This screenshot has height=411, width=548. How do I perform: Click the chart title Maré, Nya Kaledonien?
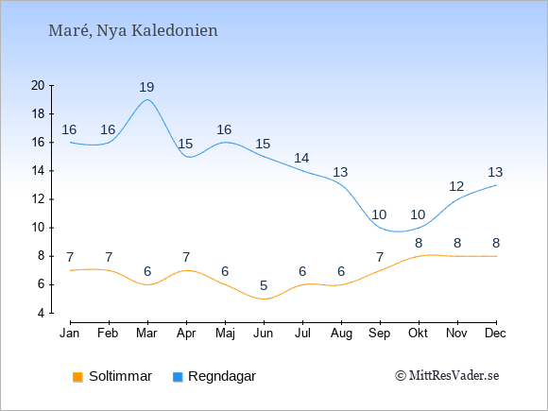(x=133, y=31)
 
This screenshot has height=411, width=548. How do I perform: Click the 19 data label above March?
(x=146, y=87)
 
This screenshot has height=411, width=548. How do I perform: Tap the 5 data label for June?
(x=264, y=285)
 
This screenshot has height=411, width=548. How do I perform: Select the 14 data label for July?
(x=301, y=158)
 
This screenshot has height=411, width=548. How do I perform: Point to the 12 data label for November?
(x=456, y=186)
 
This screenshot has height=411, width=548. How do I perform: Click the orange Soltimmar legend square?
(x=77, y=377)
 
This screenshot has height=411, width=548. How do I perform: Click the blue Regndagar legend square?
(x=178, y=377)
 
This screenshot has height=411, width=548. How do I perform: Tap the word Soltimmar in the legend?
(x=120, y=376)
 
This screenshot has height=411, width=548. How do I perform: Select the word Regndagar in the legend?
(x=222, y=376)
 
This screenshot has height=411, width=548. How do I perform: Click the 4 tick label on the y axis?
(x=42, y=313)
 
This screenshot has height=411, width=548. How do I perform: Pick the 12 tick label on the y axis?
(x=38, y=199)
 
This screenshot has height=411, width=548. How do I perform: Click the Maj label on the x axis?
(x=225, y=334)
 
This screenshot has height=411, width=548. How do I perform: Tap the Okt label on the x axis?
(x=419, y=334)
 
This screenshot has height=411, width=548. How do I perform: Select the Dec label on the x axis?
(x=496, y=334)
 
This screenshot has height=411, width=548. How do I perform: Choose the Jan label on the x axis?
(x=70, y=334)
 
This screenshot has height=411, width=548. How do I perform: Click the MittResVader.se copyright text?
(x=447, y=376)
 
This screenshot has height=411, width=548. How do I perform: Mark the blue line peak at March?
(x=147, y=99)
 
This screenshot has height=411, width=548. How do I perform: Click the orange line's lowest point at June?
(x=264, y=300)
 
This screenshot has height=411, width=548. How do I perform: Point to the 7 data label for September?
(x=380, y=257)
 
